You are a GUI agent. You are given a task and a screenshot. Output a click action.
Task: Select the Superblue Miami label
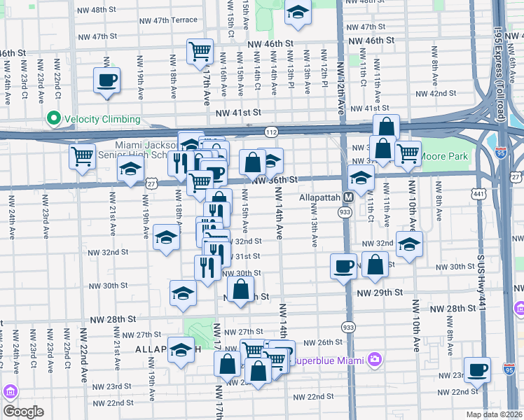(x=329, y=360)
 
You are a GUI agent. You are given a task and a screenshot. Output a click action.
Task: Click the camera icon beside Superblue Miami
(x=375, y=360)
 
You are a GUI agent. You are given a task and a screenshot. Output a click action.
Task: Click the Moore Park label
(x=443, y=157)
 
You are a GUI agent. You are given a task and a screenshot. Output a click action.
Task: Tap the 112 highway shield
(x=271, y=132)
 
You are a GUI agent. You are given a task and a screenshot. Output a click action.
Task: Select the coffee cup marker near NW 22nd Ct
(x=106, y=80)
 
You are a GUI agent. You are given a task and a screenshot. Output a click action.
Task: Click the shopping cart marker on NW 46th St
(x=200, y=52)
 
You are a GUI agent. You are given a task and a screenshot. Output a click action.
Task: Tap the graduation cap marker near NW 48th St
(x=298, y=13)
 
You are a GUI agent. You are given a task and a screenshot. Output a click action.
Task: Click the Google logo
(x=23, y=412)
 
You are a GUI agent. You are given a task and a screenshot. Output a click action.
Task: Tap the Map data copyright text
(x=495, y=414)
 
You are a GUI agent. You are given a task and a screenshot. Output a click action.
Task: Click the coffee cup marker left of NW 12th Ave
(x=343, y=266)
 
